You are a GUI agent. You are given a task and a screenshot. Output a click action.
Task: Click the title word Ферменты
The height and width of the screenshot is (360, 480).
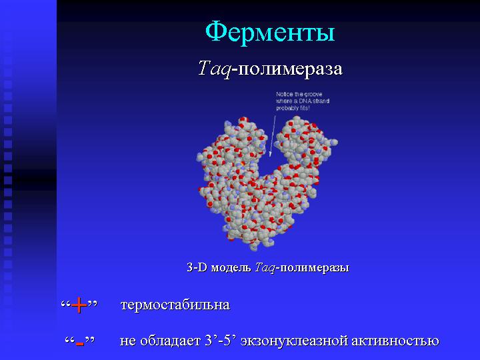pos(270,32)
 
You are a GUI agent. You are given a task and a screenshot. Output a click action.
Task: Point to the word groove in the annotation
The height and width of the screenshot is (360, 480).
pos(313,94)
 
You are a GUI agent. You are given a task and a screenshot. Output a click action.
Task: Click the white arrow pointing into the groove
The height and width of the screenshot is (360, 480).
pos(273,136)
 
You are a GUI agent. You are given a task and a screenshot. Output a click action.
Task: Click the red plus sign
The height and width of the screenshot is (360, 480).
pos(79,305)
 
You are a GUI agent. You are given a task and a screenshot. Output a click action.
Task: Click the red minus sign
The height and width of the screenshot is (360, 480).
pos(79,344)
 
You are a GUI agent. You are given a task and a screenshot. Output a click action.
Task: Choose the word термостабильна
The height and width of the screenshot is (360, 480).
pos(175,305)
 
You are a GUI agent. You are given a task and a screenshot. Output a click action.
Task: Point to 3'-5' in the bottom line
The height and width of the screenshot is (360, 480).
pos(220,341)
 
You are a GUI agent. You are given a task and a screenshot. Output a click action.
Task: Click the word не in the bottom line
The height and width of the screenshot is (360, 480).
pos(127,341)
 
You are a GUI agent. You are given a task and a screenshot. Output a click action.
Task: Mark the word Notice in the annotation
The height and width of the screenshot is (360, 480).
pos(283,94)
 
